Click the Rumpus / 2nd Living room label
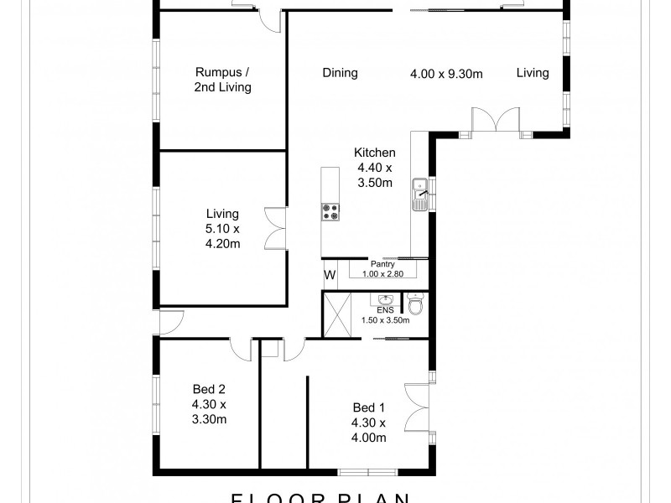pos(222,80)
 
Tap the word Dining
pos(340,73)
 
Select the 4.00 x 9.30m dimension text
pos(446,73)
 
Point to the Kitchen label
pos(374,153)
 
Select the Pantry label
pos(383,263)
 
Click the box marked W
pos(330,274)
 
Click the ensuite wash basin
pos(387,300)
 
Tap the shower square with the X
pos(340,314)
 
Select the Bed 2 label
pos(209,403)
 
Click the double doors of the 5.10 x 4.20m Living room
pos(275,227)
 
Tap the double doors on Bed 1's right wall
pos(417,406)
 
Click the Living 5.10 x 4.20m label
pos(224,229)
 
